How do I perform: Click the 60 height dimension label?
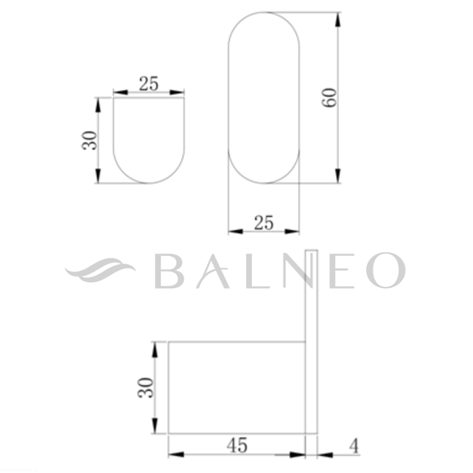[x=329, y=97]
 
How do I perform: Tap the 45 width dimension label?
[x=237, y=445]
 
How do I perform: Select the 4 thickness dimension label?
[x=355, y=446]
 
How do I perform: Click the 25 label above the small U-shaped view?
[x=148, y=83]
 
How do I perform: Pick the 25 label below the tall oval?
[x=264, y=223]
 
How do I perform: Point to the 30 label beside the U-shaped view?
[x=90, y=140]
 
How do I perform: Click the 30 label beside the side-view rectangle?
[x=146, y=387]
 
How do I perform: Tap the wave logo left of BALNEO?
[x=100, y=270]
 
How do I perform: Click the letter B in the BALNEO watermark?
[x=169, y=271]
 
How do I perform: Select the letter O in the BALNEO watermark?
[x=386, y=270]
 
